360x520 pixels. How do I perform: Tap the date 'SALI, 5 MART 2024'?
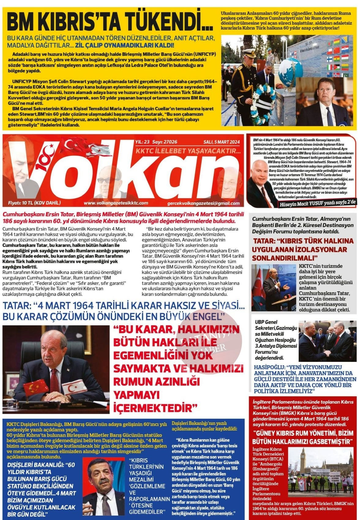(x=222, y=142)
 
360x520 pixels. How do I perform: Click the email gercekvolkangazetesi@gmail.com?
(x=204, y=203)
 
